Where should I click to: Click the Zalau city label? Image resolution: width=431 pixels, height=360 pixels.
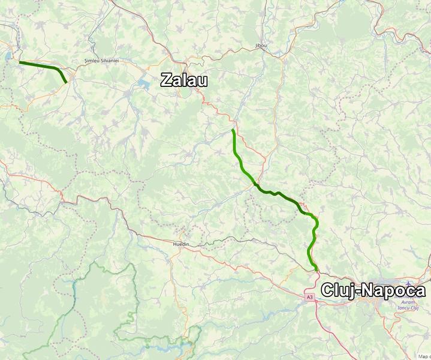tap(183, 80)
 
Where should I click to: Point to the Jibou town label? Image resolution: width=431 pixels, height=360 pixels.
tap(261, 46)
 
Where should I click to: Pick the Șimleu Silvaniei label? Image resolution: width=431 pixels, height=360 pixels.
tap(100, 62)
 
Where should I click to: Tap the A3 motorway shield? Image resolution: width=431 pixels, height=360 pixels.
tap(309, 297)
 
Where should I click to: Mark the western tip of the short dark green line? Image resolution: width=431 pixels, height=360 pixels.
tap(20, 62)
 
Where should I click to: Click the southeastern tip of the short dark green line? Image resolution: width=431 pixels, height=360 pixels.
tap(66, 82)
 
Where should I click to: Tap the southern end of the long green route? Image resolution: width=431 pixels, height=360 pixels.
tap(316, 271)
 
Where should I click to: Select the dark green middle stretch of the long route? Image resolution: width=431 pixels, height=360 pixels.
tap(279, 194)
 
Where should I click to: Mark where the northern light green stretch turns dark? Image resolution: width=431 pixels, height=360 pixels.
tap(255, 183)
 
